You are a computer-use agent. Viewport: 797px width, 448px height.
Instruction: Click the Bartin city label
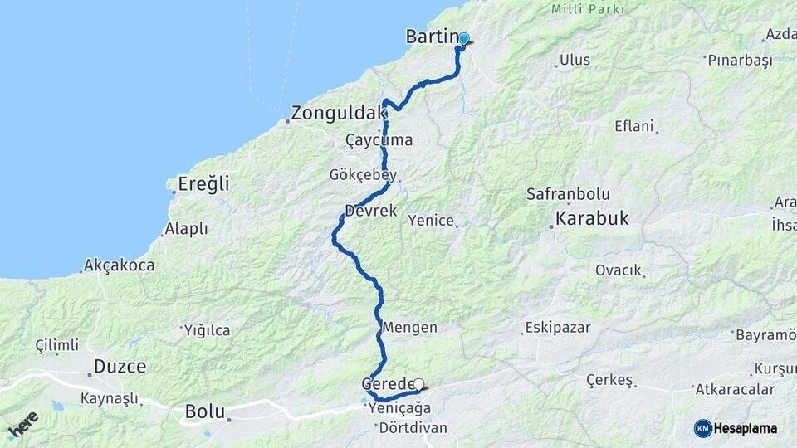click(432, 37)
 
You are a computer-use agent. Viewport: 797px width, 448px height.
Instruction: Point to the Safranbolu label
click(568, 194)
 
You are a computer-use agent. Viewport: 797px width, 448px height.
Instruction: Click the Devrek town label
click(371, 211)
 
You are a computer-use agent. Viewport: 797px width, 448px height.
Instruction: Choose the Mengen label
click(409, 328)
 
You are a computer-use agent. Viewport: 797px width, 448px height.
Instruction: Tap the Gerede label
click(387, 384)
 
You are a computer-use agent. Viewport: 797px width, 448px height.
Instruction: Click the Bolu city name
click(204, 411)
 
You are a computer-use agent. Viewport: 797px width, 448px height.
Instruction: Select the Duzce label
click(120, 366)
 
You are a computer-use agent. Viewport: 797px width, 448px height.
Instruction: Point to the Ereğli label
click(203, 184)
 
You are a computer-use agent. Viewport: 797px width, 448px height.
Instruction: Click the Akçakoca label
click(119, 265)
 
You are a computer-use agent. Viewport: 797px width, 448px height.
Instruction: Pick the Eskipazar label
click(557, 328)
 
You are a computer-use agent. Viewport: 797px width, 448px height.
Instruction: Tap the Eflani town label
click(635, 126)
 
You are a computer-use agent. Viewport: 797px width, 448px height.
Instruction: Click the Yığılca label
click(207, 330)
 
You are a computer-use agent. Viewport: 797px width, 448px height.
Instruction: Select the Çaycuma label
click(379, 140)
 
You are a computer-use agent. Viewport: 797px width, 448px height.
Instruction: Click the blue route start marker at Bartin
click(464, 38)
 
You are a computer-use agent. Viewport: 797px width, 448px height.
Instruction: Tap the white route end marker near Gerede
click(419, 384)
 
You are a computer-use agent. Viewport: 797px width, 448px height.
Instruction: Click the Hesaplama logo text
click(746, 428)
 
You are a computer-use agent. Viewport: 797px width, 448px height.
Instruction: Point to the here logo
click(22, 425)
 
